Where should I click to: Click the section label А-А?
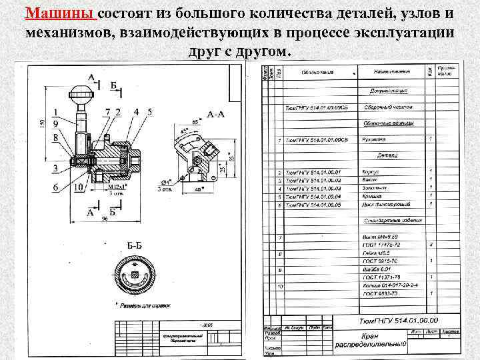pos(215,115)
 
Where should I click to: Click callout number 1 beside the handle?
pos(53,113)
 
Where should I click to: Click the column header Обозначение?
pos(317,72)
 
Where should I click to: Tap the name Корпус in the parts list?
pos(371,172)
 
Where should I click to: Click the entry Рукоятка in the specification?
pos(374,139)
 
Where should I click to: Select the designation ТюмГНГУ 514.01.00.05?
pos(313,205)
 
